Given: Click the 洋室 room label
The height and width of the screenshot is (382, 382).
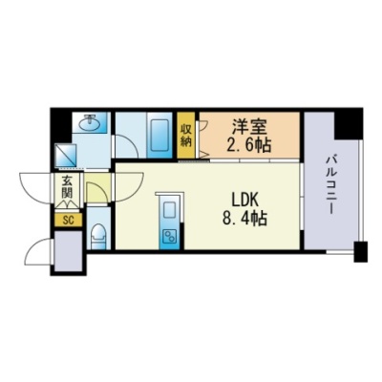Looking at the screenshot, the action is pos(249,127).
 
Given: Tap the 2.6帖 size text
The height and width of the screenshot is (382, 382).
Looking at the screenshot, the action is pos(249,145).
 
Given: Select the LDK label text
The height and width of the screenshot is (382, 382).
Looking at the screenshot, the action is pos(244,201).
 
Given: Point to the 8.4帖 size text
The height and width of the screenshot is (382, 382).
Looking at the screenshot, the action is pos(244,219).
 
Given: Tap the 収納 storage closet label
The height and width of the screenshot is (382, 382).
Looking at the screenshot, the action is pos(186,136).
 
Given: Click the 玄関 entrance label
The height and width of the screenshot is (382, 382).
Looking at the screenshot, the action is pos(68,186).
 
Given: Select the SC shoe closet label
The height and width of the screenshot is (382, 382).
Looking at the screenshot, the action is pos(68,221).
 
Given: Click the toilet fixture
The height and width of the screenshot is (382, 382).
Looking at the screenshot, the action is pos(98,235).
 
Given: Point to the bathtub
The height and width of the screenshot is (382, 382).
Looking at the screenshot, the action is pos(159,135).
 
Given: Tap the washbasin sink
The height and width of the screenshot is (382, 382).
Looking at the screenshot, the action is pos(91,122).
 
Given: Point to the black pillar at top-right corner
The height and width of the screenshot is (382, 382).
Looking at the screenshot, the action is pos(349,123).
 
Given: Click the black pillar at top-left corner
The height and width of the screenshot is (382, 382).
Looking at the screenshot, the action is pos(61,126).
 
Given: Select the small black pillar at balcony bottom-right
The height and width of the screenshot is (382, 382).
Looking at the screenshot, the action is pos(361,252).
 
